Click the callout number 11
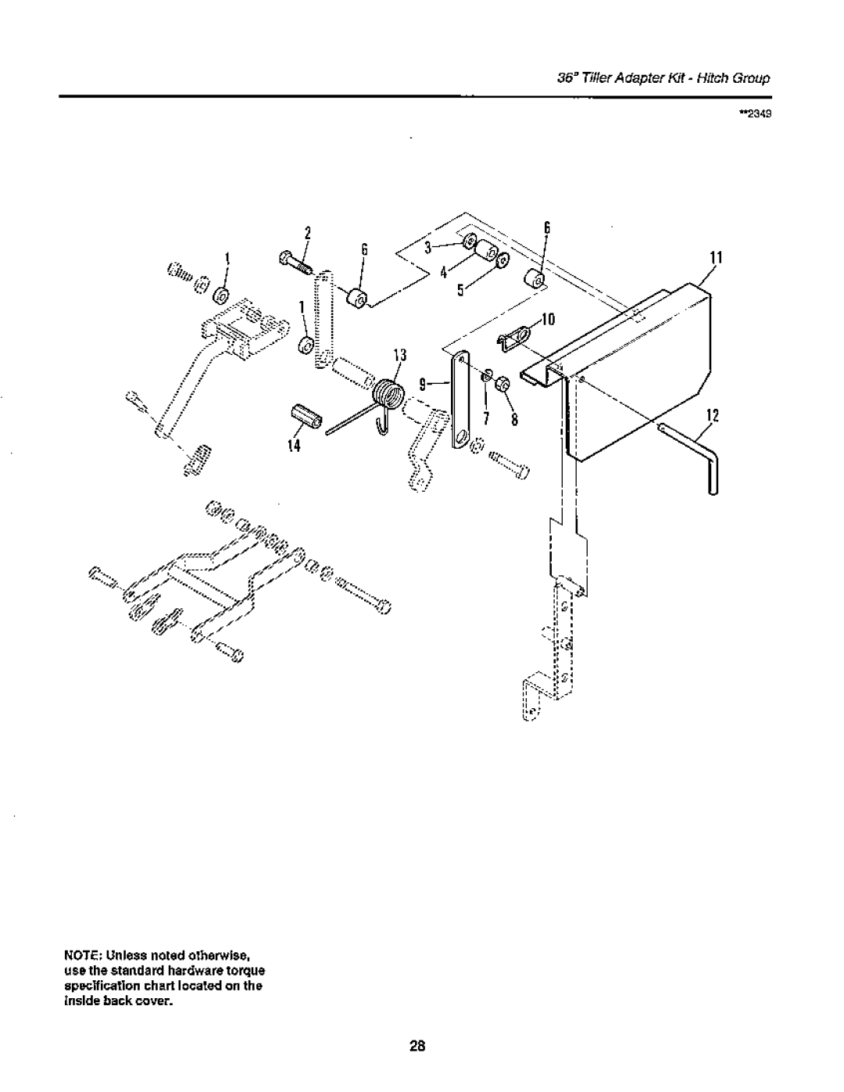[x=715, y=258]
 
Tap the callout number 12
[x=713, y=415]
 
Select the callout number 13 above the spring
[x=400, y=356]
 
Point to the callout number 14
[x=295, y=446]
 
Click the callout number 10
[x=548, y=319]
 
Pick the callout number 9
[x=423, y=385]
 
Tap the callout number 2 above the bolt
[x=308, y=233]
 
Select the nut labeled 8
[x=502, y=385]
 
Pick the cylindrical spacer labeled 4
[x=485, y=250]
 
